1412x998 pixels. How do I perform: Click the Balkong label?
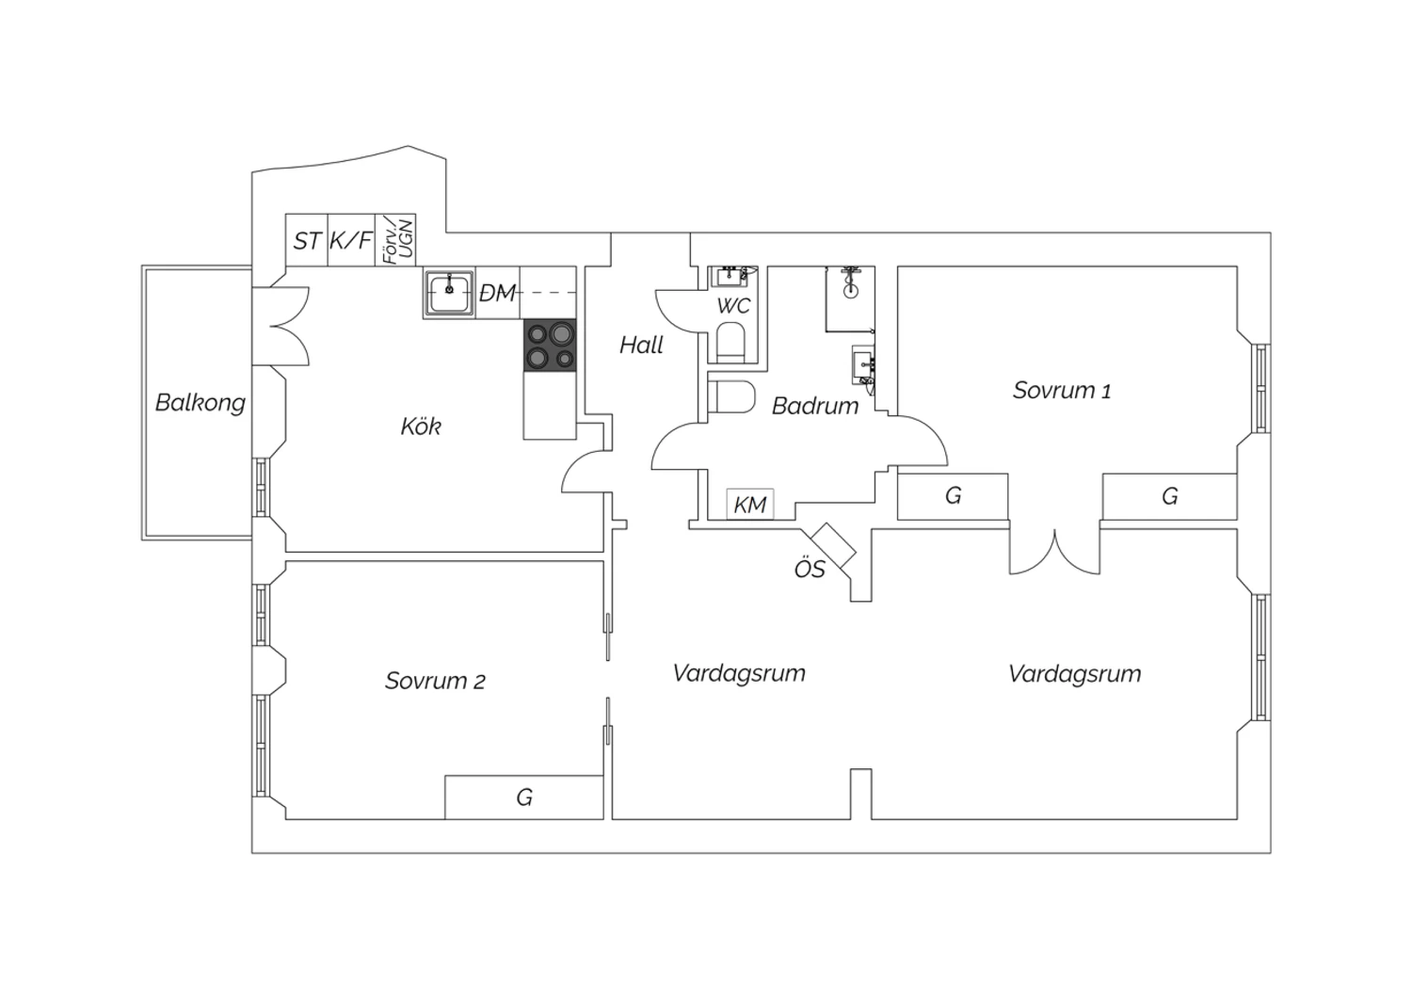[x=200, y=403]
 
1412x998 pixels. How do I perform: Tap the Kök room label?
[x=421, y=427]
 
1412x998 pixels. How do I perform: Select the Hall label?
[x=641, y=345]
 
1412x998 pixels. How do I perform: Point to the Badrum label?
[x=815, y=406]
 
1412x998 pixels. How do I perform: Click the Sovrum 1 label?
[x=1062, y=390]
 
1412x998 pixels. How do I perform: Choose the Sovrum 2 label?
[x=435, y=681]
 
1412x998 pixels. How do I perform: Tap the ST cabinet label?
[x=307, y=241]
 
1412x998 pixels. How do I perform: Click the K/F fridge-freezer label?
[x=351, y=240]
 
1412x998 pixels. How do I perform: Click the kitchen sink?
[x=449, y=293]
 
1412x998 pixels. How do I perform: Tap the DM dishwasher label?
[x=497, y=293]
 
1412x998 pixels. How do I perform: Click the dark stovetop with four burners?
[x=550, y=345]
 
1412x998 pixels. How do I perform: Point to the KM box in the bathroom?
[x=750, y=505]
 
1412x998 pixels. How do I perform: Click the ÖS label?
[x=810, y=570]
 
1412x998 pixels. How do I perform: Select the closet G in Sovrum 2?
[x=523, y=797]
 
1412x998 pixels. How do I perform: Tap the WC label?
[x=733, y=306]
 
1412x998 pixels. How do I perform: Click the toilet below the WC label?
[x=731, y=343]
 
